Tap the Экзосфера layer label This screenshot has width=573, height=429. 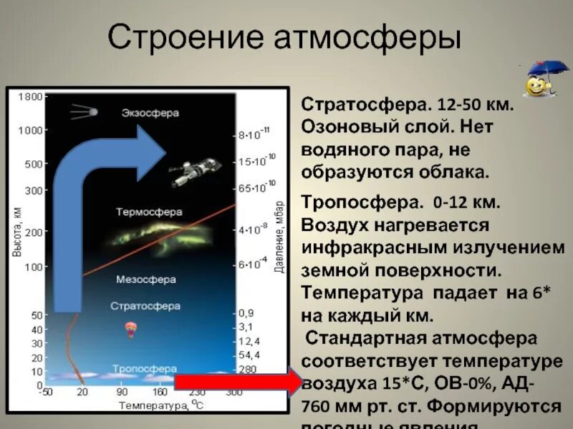click(x=150, y=113)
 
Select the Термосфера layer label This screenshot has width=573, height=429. click(x=149, y=212)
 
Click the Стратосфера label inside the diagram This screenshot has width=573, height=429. click(x=145, y=305)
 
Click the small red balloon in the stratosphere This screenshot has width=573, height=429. click(x=132, y=330)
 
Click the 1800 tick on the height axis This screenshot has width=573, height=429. click(x=29, y=96)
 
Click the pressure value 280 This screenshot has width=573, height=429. click(x=246, y=370)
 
